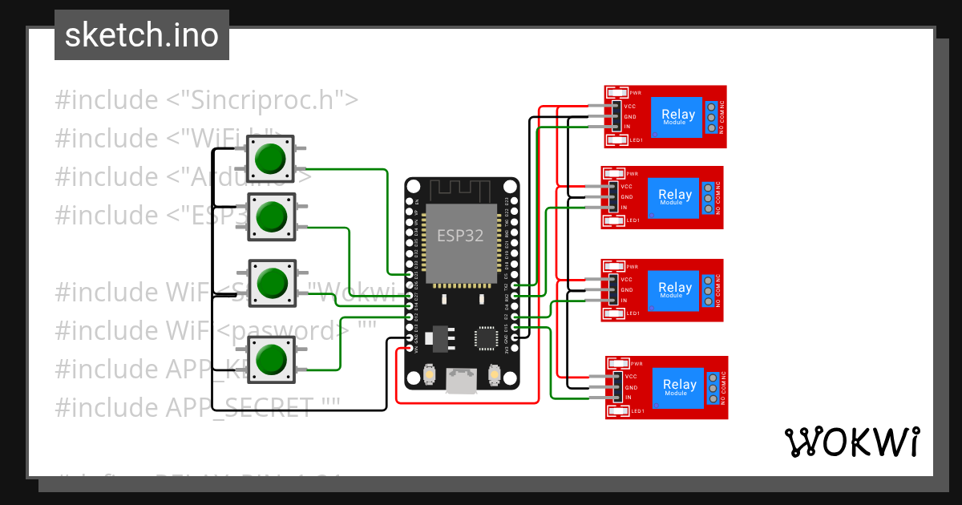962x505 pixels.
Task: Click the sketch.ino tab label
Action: point(141,35)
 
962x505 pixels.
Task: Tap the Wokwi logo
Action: point(851,442)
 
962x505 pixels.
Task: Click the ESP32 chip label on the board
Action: point(461,236)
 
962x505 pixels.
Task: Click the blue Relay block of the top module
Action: point(677,117)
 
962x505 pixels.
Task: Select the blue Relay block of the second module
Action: point(674,197)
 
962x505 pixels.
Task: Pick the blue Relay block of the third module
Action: point(674,290)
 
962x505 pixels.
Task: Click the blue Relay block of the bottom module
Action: point(679,388)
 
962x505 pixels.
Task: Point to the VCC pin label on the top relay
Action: point(630,107)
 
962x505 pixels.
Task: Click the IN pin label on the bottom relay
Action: point(629,398)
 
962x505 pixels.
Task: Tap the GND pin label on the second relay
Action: point(627,197)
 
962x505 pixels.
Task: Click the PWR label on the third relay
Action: point(632,267)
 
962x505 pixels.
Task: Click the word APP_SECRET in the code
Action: point(240,407)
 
